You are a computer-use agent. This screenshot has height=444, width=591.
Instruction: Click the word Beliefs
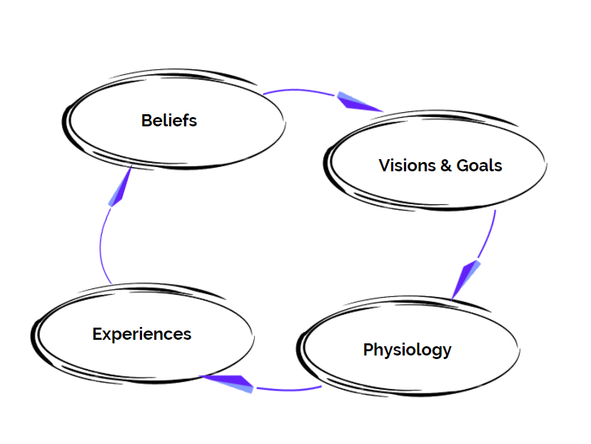point(169,120)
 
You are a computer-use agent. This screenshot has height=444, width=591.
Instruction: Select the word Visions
point(406,166)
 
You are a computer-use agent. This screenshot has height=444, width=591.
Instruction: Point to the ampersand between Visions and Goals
point(445,166)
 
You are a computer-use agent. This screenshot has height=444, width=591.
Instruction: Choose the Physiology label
point(407,350)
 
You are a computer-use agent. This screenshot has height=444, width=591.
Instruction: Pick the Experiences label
point(141,333)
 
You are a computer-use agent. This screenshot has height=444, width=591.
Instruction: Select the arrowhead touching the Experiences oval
point(228,383)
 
